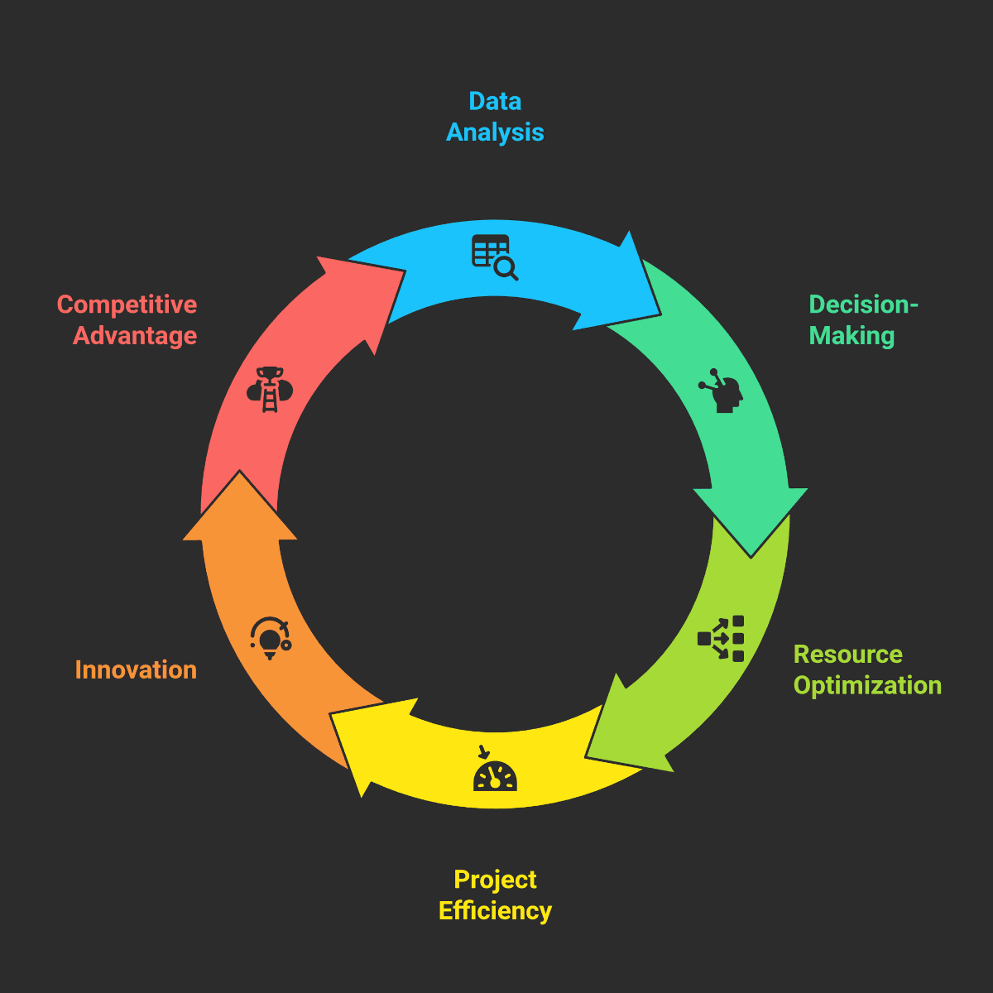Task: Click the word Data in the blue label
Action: (495, 101)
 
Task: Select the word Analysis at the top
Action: (495, 132)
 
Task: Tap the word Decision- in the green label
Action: (863, 305)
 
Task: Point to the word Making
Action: (851, 336)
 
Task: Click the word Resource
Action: (847, 655)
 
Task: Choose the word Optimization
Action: (867, 686)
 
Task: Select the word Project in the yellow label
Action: (495, 880)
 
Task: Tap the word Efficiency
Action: (495, 911)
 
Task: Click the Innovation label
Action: (136, 670)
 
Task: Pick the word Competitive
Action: (127, 305)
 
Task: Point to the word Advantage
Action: (135, 336)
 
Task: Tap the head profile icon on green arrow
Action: (722, 391)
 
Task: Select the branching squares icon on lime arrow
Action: (722, 638)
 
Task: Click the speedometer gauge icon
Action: (495, 770)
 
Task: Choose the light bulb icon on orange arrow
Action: (271, 638)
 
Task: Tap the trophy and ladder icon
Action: (270, 389)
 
